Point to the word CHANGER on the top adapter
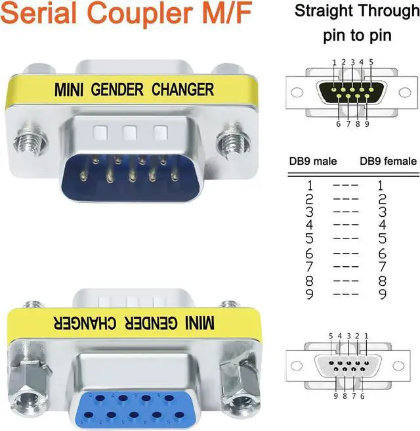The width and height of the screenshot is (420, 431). (x=183, y=89)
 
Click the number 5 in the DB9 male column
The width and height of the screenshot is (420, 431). (x=309, y=238)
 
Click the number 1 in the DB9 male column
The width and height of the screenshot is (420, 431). (x=309, y=185)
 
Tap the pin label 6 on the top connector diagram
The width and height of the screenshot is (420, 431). (x=338, y=124)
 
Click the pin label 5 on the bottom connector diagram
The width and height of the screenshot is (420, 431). (x=331, y=336)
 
